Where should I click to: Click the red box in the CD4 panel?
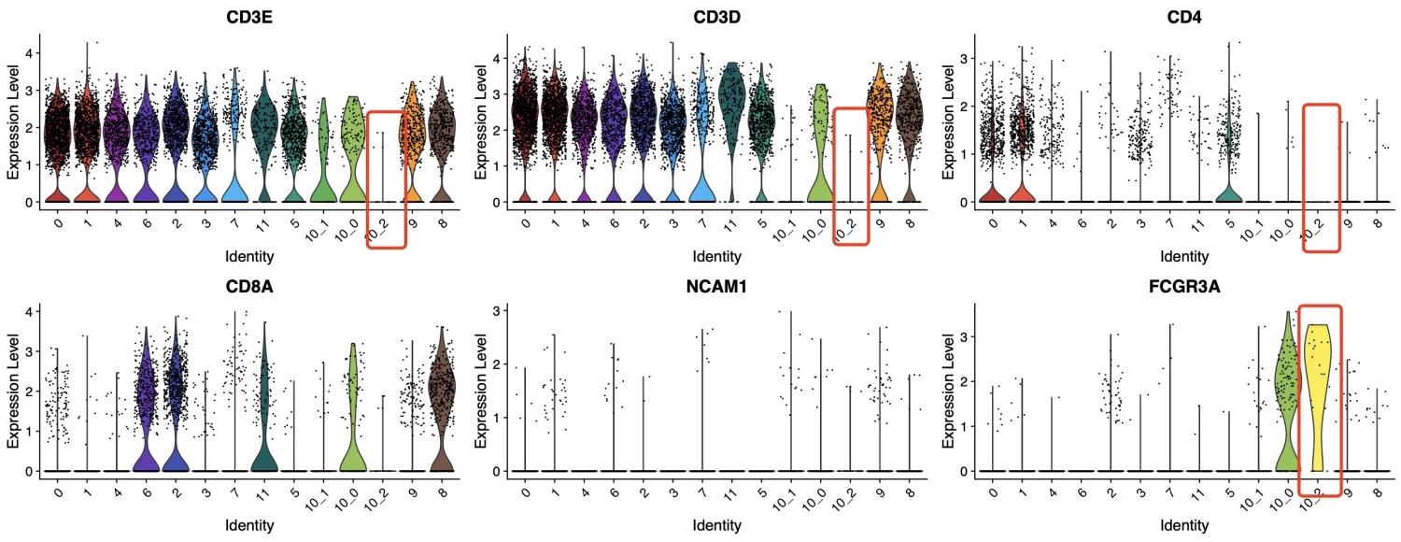pos(1322,178)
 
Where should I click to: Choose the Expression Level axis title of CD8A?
pos(13,388)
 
